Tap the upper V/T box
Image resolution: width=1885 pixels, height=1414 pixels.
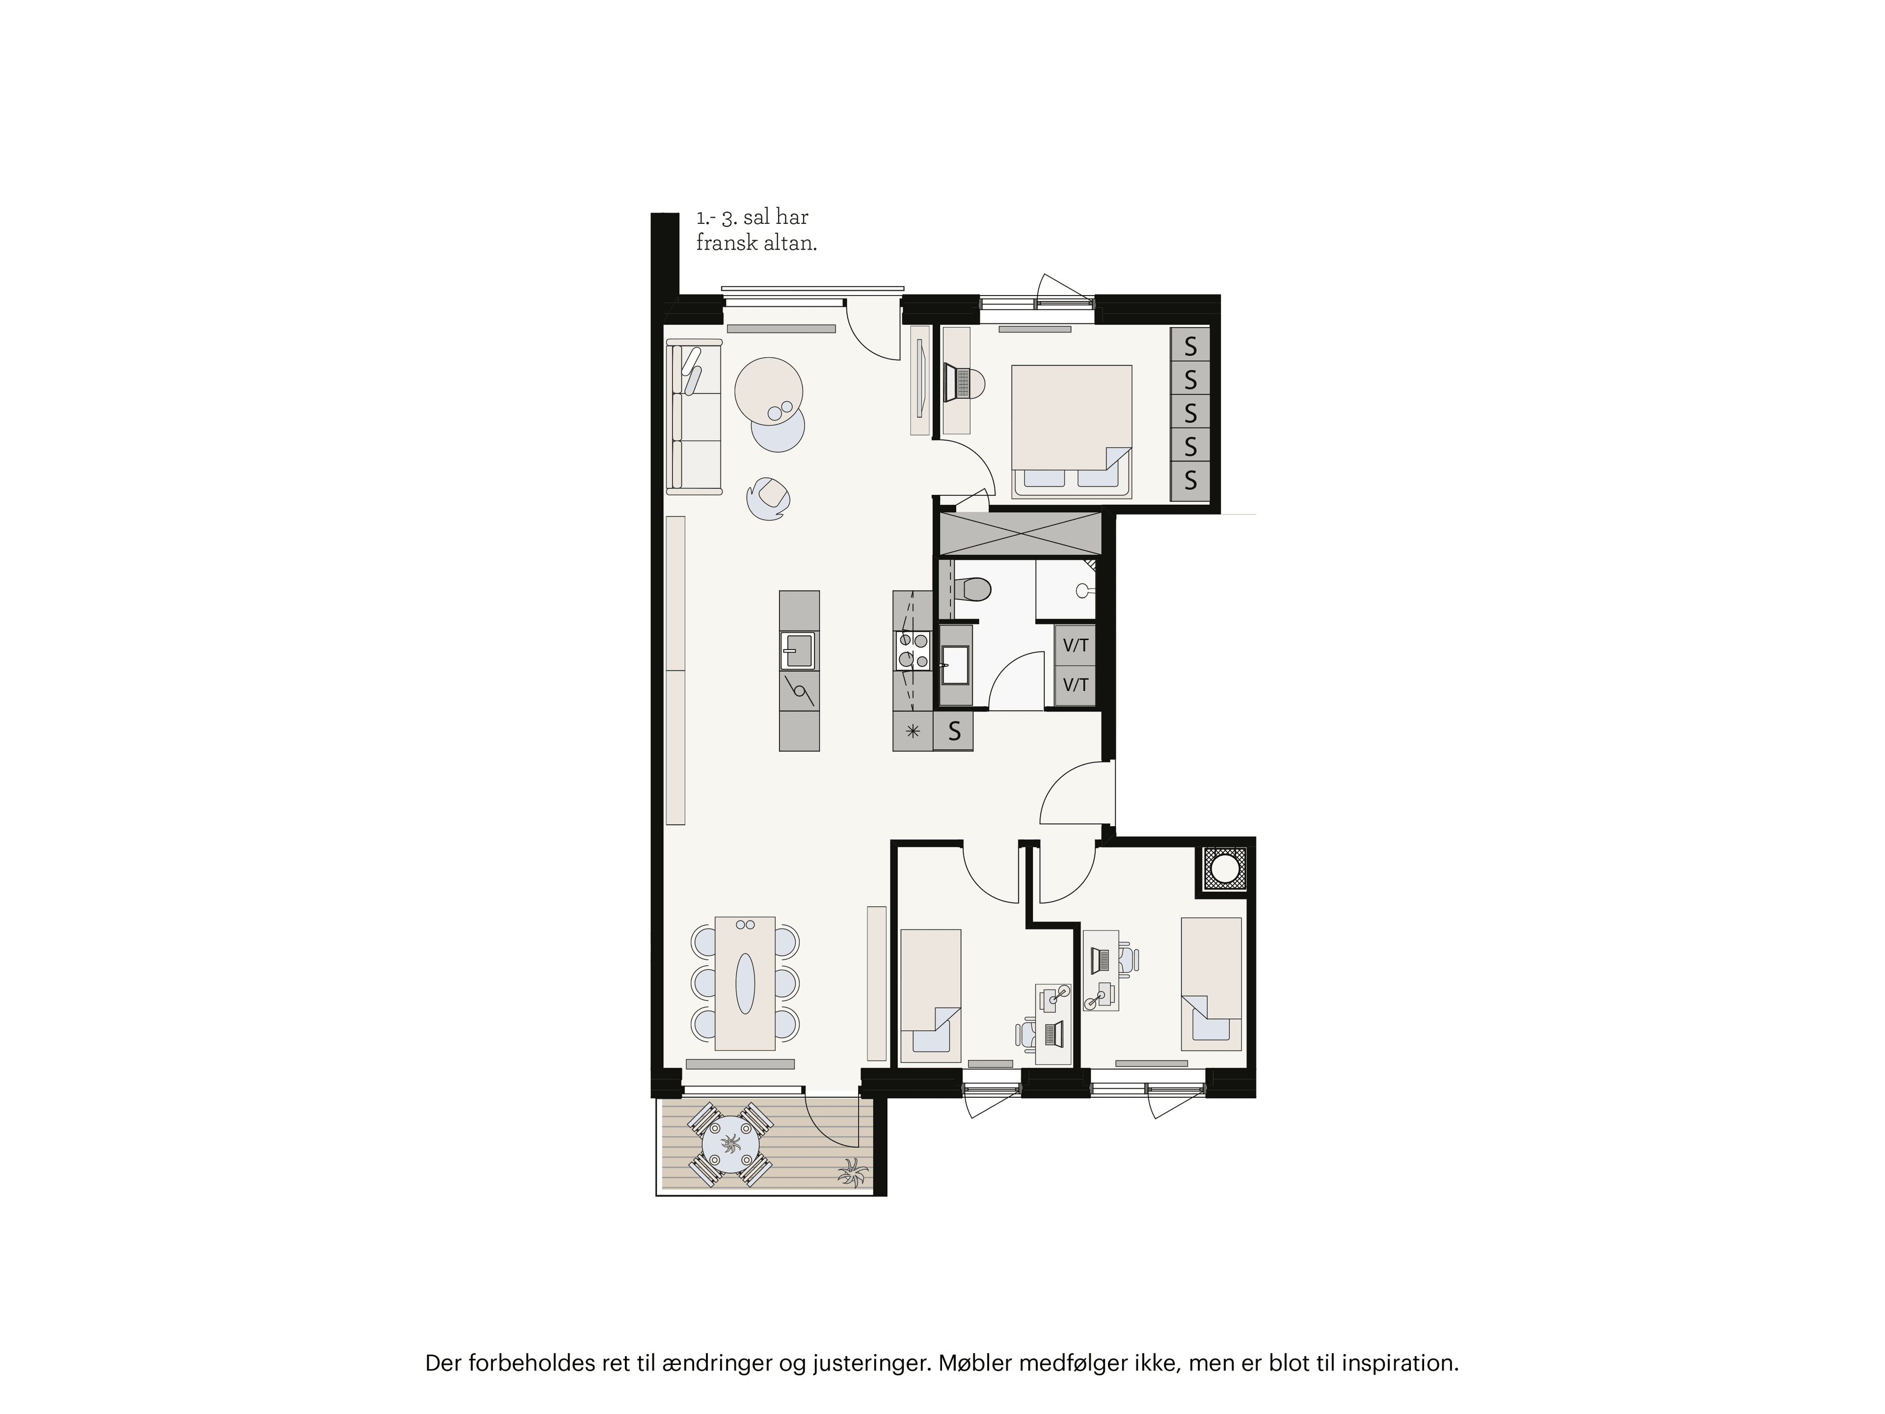[1076, 645]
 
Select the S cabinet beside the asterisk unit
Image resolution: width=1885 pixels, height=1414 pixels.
[954, 731]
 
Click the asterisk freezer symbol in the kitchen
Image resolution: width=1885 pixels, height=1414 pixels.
[913, 731]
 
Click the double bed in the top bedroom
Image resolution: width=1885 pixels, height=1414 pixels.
[1071, 431]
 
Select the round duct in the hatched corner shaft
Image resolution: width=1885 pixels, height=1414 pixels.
[1225, 870]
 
